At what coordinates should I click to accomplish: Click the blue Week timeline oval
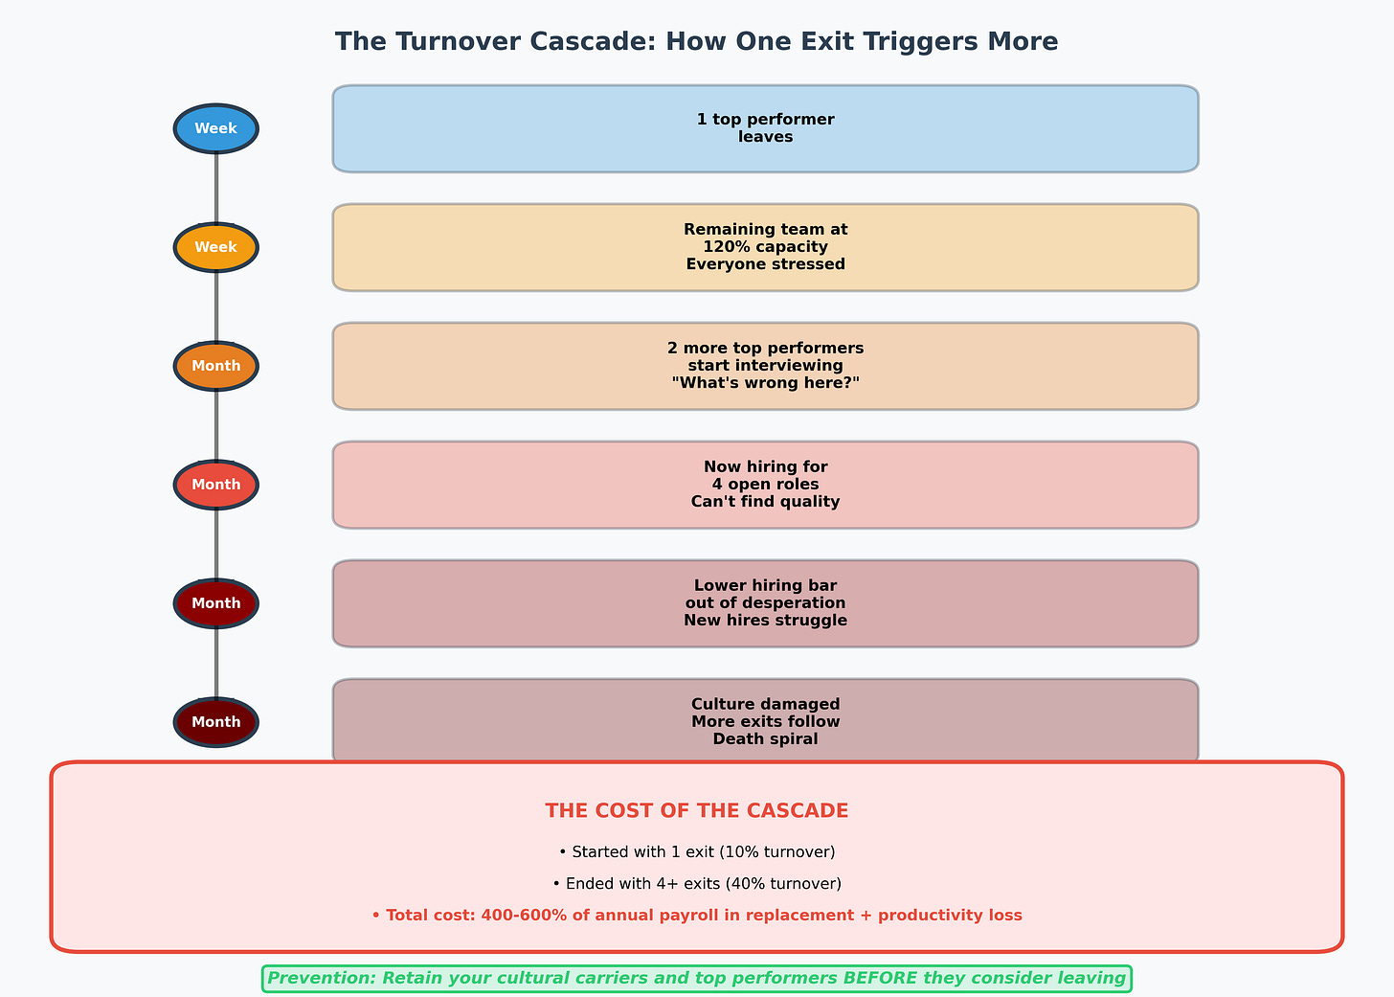[215, 128]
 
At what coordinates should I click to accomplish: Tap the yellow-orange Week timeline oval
[215, 247]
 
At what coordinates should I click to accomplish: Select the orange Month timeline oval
[215, 366]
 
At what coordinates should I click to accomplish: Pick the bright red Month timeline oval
[215, 485]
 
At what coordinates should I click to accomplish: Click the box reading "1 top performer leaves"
[765, 128]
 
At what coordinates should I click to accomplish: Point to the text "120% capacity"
[765, 247]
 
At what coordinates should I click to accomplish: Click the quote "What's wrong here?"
[765, 383]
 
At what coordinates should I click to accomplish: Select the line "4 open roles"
[765, 485]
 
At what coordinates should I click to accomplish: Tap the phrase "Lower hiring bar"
[765, 586]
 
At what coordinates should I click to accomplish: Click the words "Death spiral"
[765, 739]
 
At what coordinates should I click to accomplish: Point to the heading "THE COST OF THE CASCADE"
[696, 811]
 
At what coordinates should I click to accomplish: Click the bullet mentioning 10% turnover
[696, 852]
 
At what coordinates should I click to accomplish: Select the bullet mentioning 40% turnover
[696, 884]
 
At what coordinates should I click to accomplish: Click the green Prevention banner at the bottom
[696, 979]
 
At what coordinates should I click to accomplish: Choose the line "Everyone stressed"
[765, 264]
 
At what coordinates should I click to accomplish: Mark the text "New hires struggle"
[765, 621]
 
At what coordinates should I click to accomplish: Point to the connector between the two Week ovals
[216, 188]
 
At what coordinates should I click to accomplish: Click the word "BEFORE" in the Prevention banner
[882, 979]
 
